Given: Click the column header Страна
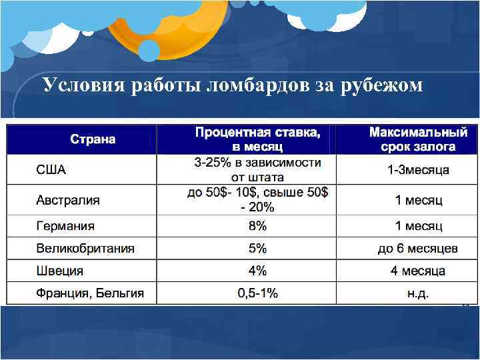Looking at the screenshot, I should [93, 139].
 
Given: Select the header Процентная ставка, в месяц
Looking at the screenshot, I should [257, 139].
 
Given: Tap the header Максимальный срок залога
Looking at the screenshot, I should [418, 139].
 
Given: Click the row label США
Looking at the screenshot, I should [51, 170].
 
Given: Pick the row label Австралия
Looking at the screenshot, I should [68, 199].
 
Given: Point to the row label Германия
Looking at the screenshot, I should [65, 226].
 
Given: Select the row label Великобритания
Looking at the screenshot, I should [85, 249].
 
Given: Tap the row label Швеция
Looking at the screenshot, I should [60, 271].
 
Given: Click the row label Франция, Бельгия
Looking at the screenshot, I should [90, 293].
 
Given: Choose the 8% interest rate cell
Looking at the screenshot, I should [257, 226].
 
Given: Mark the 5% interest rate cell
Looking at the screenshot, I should [257, 249].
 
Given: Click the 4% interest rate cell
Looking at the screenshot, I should [257, 271].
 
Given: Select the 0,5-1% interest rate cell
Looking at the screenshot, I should [257, 293].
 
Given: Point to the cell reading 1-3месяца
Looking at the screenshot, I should [418, 170].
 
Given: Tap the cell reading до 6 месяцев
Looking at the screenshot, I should [418, 249].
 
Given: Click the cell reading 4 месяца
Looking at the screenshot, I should [418, 271].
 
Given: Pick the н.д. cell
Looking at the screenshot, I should [418, 293].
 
